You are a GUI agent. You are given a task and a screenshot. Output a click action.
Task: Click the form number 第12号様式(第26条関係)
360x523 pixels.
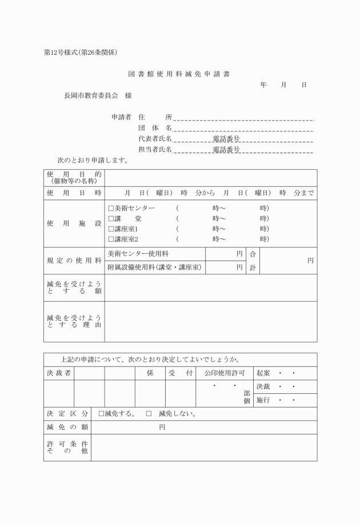[x=81, y=53]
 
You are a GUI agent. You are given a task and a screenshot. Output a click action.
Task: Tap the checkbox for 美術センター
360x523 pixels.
[x=111, y=208]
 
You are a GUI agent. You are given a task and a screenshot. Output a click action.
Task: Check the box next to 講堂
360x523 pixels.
[x=111, y=218]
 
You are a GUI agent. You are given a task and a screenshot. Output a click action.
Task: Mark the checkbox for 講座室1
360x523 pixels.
[x=111, y=229]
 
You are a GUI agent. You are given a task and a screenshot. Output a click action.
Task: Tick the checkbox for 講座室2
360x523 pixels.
[x=111, y=239]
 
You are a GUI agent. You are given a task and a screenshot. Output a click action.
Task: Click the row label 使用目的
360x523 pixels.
[x=74, y=177]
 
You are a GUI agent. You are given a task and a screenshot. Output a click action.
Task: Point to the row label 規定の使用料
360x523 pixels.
[x=74, y=261]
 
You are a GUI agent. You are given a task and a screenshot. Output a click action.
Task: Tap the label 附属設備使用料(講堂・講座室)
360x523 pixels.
[x=154, y=267]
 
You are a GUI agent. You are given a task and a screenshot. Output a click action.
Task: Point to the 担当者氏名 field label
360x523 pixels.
[x=155, y=150]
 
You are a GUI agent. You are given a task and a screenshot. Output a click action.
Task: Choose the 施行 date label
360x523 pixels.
[x=264, y=400]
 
